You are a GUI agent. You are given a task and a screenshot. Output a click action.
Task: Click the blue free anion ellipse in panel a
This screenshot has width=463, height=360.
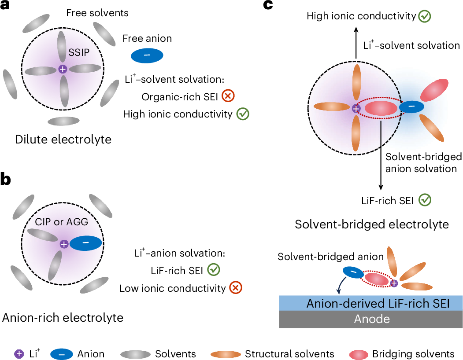coord(147,55)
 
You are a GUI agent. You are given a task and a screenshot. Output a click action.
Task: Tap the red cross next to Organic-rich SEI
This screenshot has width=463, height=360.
coord(228,96)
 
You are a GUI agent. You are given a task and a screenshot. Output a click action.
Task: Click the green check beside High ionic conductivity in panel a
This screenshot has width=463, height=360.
coord(243,114)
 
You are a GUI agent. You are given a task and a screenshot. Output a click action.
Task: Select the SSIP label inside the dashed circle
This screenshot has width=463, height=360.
coord(79,52)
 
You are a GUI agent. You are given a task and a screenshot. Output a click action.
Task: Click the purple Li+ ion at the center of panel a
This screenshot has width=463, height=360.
coord(63,70)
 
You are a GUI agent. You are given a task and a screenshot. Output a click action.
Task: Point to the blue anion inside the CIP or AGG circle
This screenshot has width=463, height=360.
coord(85,243)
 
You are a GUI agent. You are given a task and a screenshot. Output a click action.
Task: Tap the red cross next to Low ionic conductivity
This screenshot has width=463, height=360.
coord(236,288)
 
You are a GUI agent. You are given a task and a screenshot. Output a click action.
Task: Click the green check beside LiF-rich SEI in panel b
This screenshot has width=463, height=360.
coord(214,270)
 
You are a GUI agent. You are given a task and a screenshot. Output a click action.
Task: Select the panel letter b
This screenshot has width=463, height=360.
coord(5,180)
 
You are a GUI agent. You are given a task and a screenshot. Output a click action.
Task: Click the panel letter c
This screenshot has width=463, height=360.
coord(268,5)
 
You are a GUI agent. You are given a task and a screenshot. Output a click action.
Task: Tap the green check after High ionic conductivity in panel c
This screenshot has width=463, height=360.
coord(425,16)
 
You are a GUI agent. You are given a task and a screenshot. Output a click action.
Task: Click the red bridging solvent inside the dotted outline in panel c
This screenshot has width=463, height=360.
coord(381,108)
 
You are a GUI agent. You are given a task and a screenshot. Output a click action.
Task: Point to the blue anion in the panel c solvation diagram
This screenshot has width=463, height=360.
coord(411,107)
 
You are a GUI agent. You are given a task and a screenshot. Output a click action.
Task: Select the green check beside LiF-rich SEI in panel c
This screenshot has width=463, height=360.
coord(425,200)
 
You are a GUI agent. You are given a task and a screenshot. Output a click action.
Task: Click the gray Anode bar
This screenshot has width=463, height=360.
coord(371,319)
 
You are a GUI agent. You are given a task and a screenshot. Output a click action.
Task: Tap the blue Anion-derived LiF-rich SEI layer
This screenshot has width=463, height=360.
coord(371,303)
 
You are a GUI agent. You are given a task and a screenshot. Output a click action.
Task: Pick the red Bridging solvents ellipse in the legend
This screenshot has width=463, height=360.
coord(359,354)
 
